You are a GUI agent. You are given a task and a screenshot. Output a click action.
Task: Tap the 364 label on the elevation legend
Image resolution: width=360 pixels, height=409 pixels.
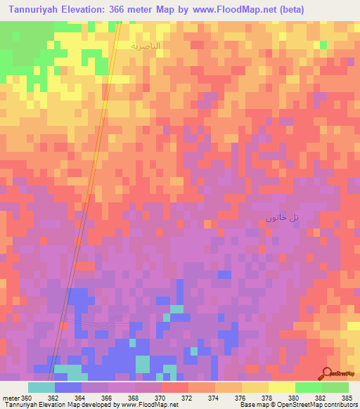(x=80, y=398)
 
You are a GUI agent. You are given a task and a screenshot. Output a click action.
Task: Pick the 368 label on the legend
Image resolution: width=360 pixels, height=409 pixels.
(x=134, y=398)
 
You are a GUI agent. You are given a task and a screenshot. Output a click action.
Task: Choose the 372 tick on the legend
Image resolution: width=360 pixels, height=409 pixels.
(x=187, y=398)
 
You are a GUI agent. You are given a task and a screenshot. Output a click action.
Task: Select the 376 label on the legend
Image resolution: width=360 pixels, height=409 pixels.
(x=240, y=398)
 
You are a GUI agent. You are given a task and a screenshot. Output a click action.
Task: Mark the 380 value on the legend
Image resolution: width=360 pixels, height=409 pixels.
(x=294, y=398)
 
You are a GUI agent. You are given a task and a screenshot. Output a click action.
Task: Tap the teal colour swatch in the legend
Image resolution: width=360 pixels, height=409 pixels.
(x=41, y=387)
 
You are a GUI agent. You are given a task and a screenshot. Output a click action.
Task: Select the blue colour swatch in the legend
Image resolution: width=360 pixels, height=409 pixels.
(x=67, y=387)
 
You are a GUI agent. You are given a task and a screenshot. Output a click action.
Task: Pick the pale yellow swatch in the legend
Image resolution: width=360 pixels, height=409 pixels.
(x=281, y=387)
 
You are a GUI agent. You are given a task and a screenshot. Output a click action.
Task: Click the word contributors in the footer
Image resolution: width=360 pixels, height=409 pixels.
(x=337, y=405)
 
